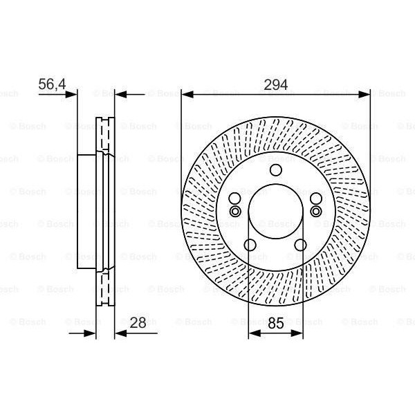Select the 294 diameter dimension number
click(x=275, y=84)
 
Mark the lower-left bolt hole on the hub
click(x=250, y=243)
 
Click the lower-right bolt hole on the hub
click(x=301, y=243)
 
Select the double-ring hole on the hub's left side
click(x=234, y=211)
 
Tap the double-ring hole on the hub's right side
click(x=316, y=211)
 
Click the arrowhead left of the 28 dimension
click(x=91, y=333)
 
